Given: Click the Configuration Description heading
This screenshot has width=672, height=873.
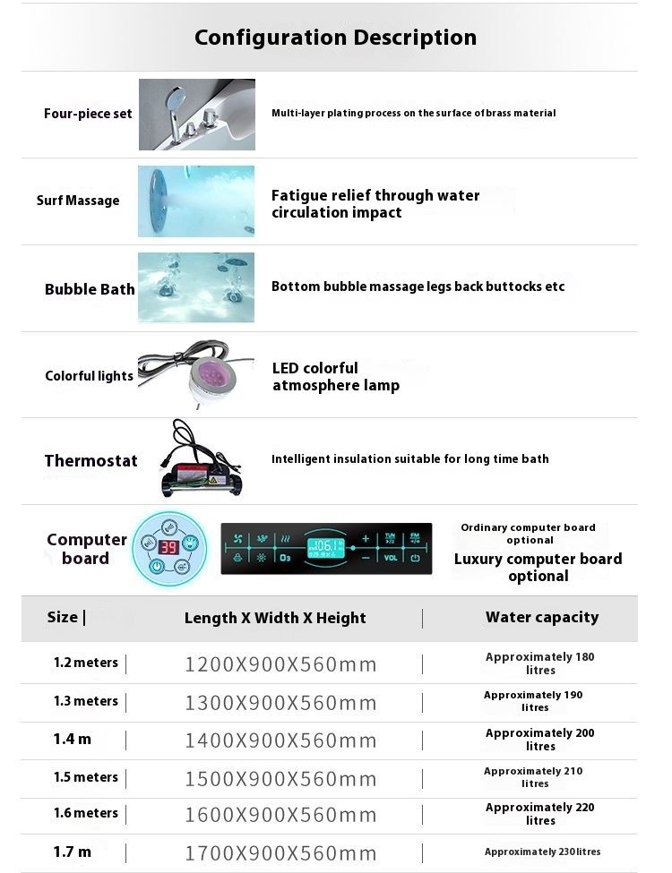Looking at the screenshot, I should click(x=335, y=38).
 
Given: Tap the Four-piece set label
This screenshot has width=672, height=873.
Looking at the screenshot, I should click(x=88, y=114).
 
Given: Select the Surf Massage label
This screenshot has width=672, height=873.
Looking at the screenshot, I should click(x=78, y=201).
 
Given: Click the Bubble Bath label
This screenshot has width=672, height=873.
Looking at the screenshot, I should click(x=90, y=289).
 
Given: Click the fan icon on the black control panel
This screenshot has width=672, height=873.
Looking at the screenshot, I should click(x=237, y=538).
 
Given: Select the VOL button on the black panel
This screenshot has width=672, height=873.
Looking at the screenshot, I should click(x=391, y=558).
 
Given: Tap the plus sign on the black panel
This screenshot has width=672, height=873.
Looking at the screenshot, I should click(x=366, y=538).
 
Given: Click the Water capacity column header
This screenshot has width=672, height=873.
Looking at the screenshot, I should click(x=542, y=617).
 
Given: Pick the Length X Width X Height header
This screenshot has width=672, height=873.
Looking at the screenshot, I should click(x=275, y=618).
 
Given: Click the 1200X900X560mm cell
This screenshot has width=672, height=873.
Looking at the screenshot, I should click(x=280, y=664).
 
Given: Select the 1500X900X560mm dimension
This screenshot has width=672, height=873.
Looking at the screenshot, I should click(x=280, y=779).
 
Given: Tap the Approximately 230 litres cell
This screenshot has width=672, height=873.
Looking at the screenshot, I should click(x=542, y=852).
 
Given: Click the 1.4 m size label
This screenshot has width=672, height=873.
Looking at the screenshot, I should click(x=73, y=739).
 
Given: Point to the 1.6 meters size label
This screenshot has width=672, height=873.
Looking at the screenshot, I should click(x=86, y=813).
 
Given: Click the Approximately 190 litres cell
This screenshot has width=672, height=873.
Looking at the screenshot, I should click(x=533, y=701).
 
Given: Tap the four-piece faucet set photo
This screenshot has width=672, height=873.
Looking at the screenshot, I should click(x=197, y=114).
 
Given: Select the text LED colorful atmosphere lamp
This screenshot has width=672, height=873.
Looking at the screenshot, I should click(x=335, y=377).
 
